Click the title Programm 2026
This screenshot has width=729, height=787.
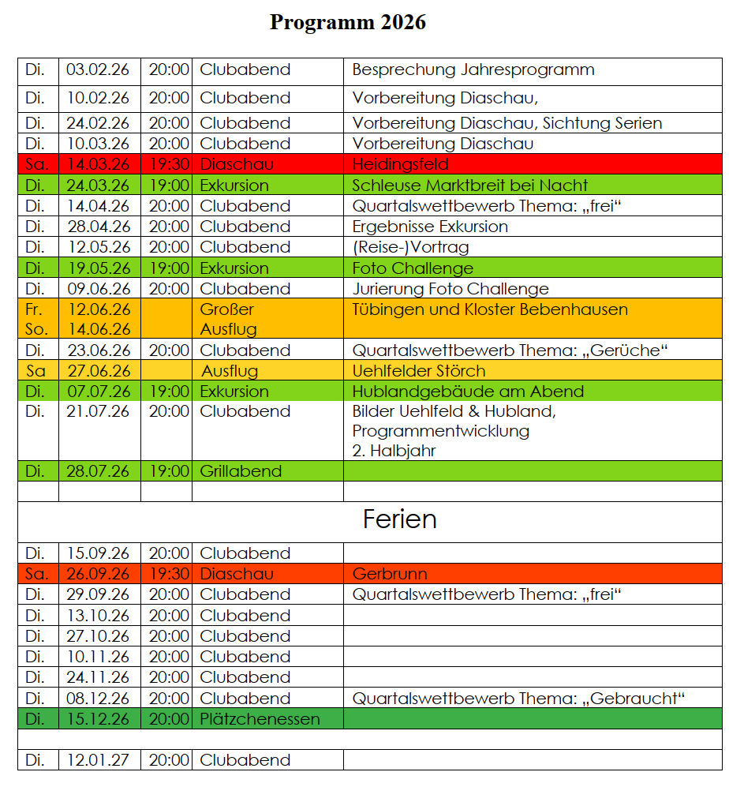click(347, 22)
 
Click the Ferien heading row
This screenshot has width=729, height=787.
click(399, 519)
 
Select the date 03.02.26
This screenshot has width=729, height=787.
click(99, 69)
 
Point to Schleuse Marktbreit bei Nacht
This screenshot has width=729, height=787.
click(469, 186)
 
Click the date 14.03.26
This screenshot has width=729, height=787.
click(99, 164)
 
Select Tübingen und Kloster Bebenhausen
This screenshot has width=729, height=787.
click(490, 309)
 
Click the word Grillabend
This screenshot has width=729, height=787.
click(241, 471)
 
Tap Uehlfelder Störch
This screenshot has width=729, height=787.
click(418, 371)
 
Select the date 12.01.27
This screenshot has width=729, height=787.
click(99, 760)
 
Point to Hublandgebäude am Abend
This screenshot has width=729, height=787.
click(468, 392)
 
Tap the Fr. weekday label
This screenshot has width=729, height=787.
click(36, 309)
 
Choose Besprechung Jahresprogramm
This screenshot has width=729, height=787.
click(473, 69)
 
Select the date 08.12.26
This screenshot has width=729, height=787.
click(99, 699)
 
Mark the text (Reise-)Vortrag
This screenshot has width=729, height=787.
click(410, 247)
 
